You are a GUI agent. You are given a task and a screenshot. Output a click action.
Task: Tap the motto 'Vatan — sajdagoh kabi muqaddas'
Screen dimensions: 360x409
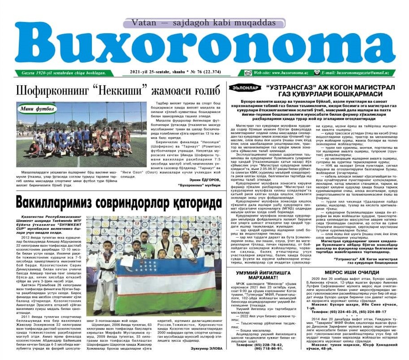click(205, 22)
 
